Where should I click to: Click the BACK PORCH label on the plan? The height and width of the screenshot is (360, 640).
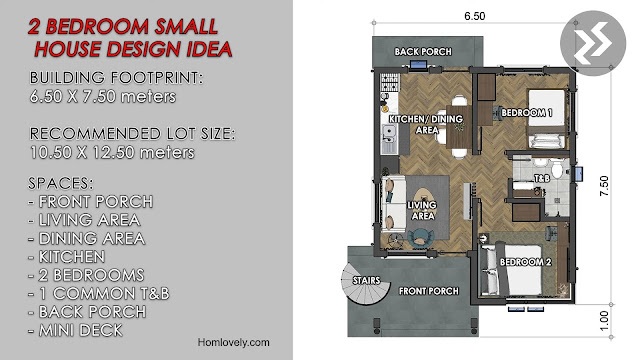click(x=423, y=52)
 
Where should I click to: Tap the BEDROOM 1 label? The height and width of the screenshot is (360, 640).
click(x=527, y=113)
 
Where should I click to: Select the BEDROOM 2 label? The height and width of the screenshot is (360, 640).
click(x=526, y=262)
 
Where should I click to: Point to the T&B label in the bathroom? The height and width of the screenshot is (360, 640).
click(x=542, y=178)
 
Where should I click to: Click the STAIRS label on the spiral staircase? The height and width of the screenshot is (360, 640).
click(x=366, y=281)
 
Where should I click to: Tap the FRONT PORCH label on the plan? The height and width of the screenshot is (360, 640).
click(x=429, y=291)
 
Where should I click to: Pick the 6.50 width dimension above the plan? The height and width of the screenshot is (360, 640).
click(x=475, y=16)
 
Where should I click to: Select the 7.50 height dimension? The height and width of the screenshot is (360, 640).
click(x=604, y=186)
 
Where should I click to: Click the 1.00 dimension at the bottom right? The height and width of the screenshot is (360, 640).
click(x=604, y=321)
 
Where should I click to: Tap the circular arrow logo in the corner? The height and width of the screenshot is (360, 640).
click(x=593, y=43)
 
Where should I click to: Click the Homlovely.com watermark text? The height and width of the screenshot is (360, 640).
click(x=233, y=342)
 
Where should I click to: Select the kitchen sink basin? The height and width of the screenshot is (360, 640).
click(x=389, y=132)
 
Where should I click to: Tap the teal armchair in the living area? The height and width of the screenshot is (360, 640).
click(x=419, y=237)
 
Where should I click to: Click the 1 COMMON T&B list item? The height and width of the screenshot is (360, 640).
click(x=99, y=293)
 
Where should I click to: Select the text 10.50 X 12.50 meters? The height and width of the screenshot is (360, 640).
click(x=112, y=152)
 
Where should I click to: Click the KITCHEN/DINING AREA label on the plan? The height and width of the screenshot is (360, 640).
click(x=426, y=124)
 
